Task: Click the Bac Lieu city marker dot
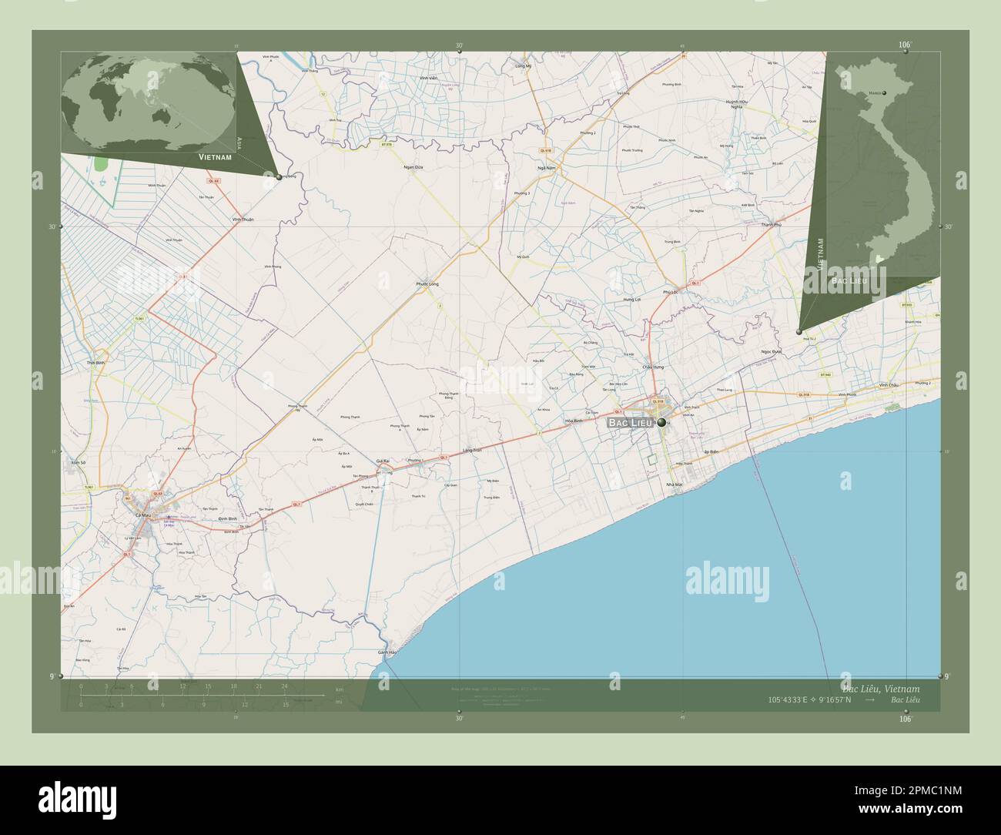tap(661, 422)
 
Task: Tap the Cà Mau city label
tap(142, 515)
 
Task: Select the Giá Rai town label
tap(383, 461)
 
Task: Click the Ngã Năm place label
tap(547, 167)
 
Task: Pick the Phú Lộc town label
tap(670, 292)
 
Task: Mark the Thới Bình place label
tap(96, 362)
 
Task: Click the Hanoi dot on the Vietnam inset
tap(884, 93)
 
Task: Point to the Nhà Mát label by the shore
tap(675, 484)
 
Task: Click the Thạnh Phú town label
tap(771, 224)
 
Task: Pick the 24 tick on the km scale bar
tap(285, 686)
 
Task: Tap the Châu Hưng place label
tap(653, 367)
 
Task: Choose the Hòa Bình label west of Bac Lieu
tap(573, 421)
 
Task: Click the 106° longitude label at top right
tap(905, 45)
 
